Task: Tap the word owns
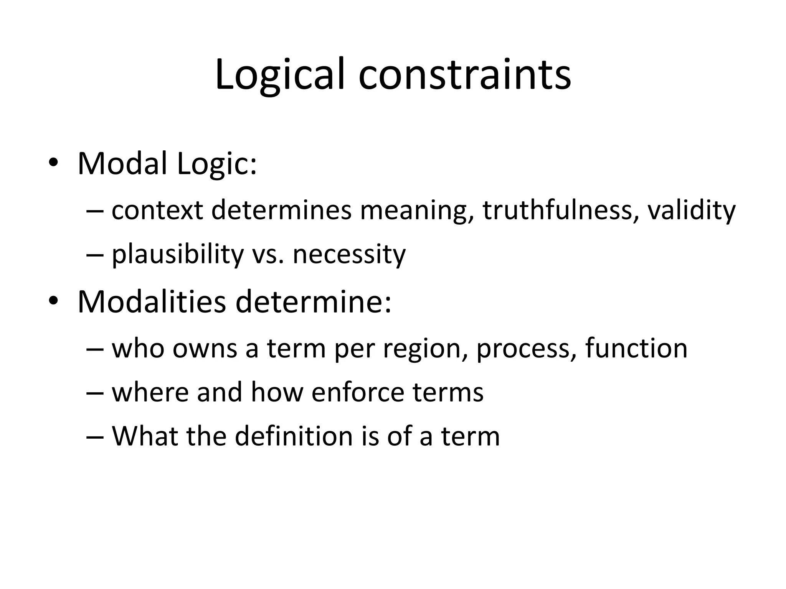pyautogui.click(x=205, y=349)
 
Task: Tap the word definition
pyautogui.click(x=294, y=436)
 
